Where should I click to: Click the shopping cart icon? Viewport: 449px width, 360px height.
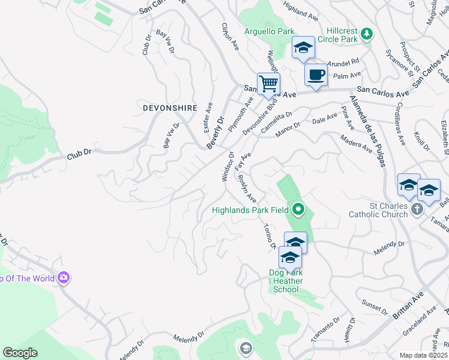click(268, 83)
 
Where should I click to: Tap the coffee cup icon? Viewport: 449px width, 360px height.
click(316, 74)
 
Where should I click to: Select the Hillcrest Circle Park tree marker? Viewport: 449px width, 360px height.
click(366, 35)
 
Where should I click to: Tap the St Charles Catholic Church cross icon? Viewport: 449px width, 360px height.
click(417, 210)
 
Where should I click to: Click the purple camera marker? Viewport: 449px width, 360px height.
click(64, 278)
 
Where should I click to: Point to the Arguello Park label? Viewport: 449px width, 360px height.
click(270, 31)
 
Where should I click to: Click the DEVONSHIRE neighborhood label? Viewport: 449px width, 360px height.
click(170, 108)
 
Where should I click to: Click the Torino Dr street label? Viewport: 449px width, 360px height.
click(269, 236)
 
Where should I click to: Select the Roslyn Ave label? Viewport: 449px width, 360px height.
click(247, 188)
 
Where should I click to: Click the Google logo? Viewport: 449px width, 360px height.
click(20, 353)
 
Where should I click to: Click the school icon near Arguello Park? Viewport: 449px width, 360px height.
click(303, 47)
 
